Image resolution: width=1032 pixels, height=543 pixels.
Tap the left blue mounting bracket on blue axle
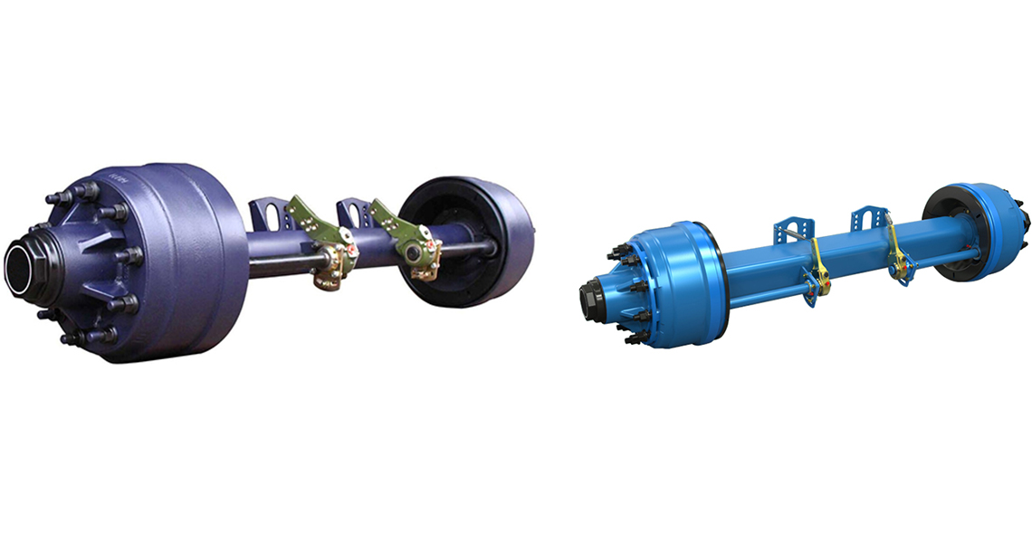[x=788, y=231]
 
